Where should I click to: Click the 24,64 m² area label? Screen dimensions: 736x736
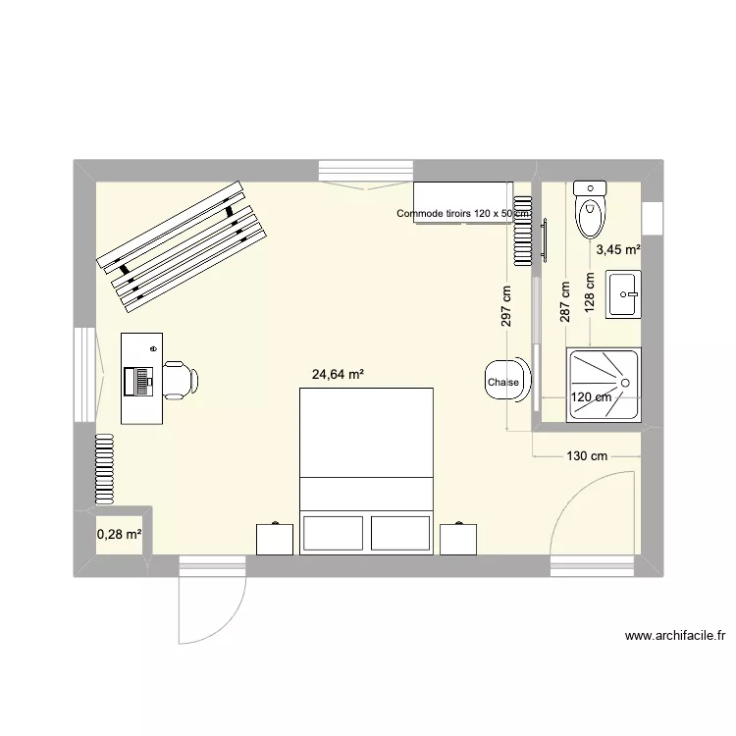point(339,374)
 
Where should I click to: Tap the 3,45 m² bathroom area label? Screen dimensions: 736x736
point(618,250)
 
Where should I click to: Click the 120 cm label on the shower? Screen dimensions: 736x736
point(591,397)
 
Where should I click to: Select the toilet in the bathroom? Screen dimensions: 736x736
point(591,210)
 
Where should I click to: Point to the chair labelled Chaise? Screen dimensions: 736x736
point(504,382)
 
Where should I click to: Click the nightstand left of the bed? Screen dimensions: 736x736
point(275,539)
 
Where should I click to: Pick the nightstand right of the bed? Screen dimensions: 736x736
point(459,539)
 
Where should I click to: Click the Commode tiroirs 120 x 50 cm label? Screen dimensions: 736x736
point(463,213)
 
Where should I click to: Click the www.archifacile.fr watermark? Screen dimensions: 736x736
point(675,636)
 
